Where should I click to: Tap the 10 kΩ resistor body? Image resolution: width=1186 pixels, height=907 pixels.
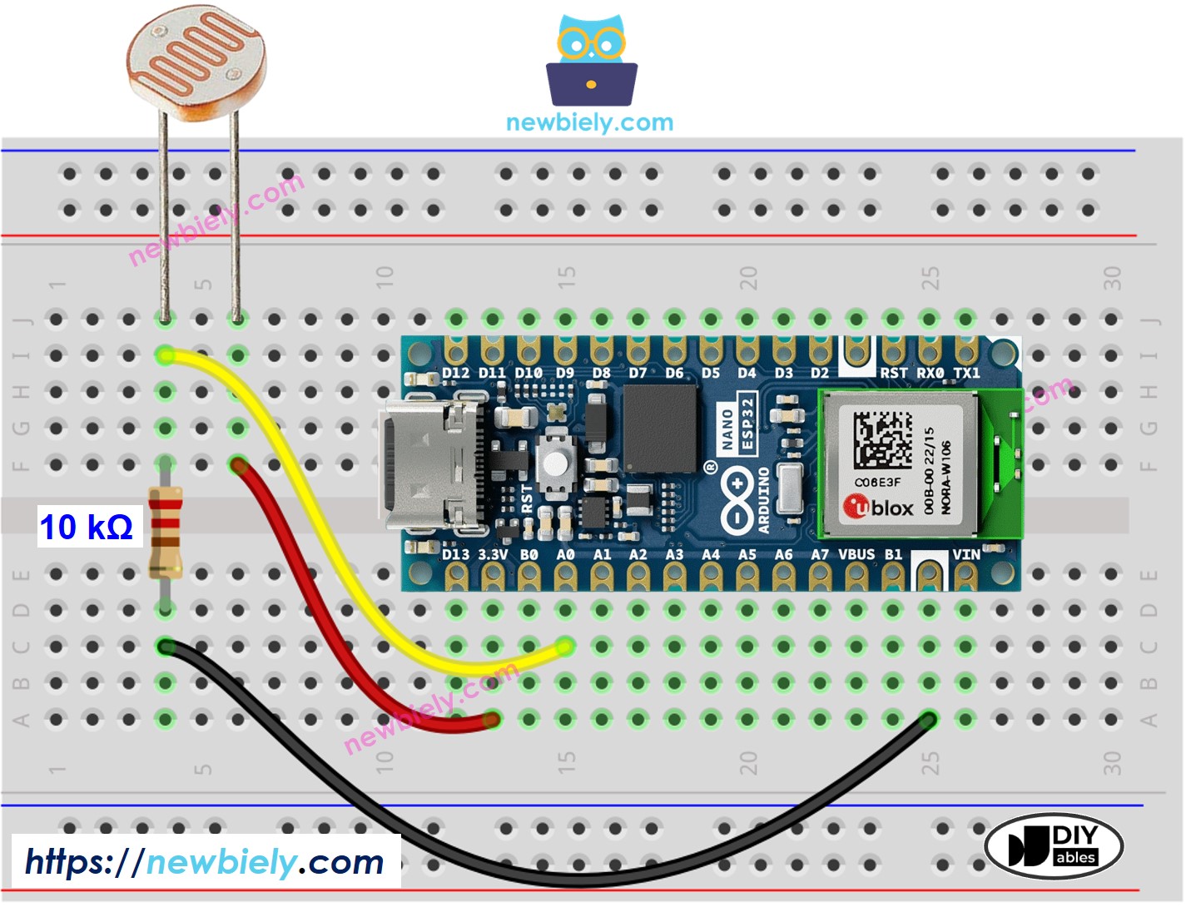click(165, 533)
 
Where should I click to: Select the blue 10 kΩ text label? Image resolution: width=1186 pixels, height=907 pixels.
click(87, 528)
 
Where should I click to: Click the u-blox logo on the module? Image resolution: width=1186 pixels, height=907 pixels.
click(878, 507)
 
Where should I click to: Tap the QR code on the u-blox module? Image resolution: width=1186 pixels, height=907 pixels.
click(881, 440)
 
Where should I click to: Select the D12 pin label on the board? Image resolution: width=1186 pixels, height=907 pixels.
click(455, 373)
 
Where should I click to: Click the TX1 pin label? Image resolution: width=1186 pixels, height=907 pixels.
click(966, 373)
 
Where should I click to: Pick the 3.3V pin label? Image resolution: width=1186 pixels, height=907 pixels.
click(493, 554)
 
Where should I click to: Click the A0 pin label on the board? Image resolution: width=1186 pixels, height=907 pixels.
click(565, 554)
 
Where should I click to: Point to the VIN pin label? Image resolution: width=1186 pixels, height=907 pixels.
click(965, 554)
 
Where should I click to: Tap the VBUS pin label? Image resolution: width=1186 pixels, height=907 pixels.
click(856, 554)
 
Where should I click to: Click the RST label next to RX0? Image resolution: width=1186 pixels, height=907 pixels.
click(893, 373)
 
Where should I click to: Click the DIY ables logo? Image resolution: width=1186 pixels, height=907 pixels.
click(1054, 846)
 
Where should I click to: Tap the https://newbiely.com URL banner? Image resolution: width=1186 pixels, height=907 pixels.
click(205, 862)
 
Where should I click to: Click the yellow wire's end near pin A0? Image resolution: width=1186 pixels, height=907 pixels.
click(564, 646)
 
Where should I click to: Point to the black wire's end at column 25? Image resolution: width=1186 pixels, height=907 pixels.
click(928, 719)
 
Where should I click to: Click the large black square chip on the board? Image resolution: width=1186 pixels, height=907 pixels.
click(660, 429)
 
